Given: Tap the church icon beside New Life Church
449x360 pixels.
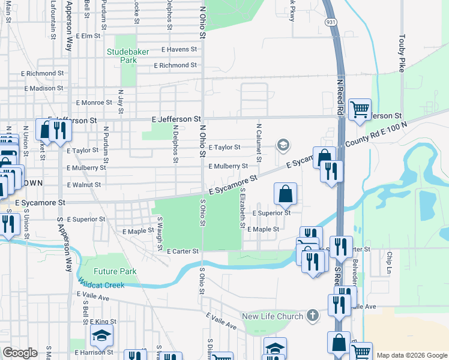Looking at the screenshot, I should coord(312,315).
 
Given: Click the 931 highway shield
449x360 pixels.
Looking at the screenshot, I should coord(331,21).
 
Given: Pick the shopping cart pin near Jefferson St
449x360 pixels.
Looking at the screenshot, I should coord(360,110).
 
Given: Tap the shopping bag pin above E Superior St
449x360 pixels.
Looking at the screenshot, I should coord(286,194).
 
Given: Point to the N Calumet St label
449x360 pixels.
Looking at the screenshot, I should coord(259,143).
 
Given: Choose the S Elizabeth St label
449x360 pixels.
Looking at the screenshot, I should coord(242,208).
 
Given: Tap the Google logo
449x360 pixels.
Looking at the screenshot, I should coord(20,353).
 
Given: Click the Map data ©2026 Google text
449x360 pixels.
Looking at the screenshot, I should coord(412,355).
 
